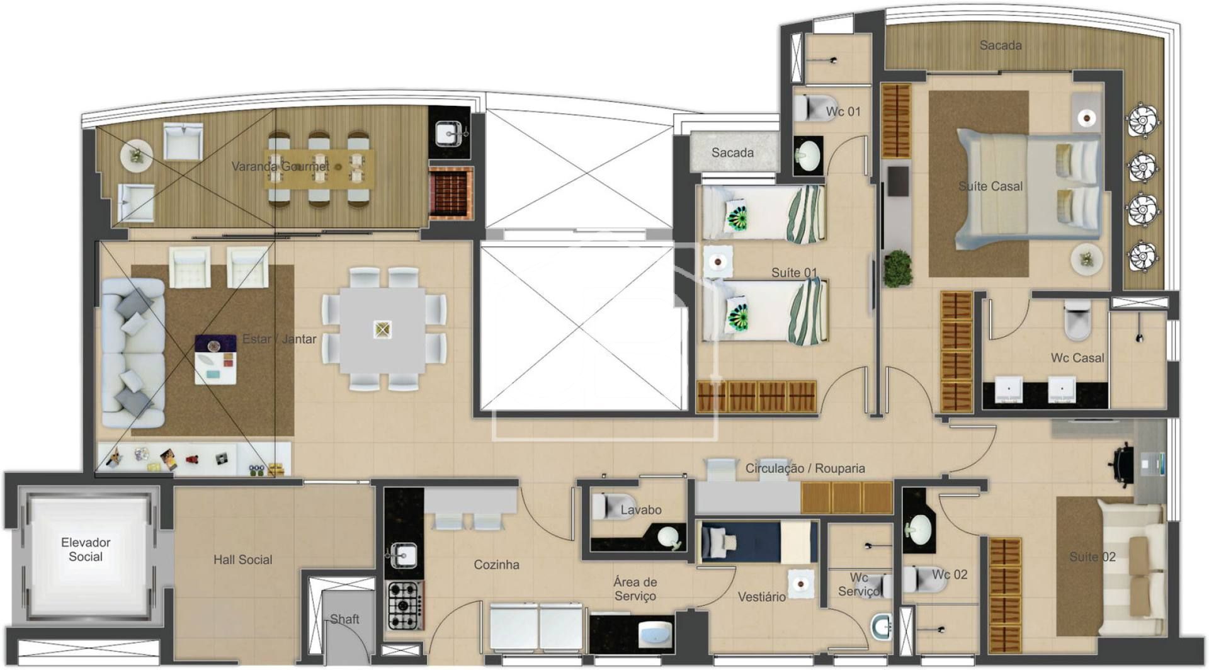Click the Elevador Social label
pyautogui.click(x=86, y=549)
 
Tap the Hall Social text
pyautogui.click(x=242, y=559)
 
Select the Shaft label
pyautogui.click(x=344, y=619)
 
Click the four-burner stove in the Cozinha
pyautogui.click(x=404, y=606)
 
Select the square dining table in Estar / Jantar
pyautogui.click(x=382, y=329)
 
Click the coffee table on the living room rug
pyautogui.click(x=215, y=359)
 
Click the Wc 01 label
pyautogui.click(x=843, y=111)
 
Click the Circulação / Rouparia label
pyautogui.click(x=805, y=468)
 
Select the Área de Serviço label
pyautogui.click(x=635, y=589)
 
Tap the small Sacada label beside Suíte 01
pyautogui.click(x=732, y=152)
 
